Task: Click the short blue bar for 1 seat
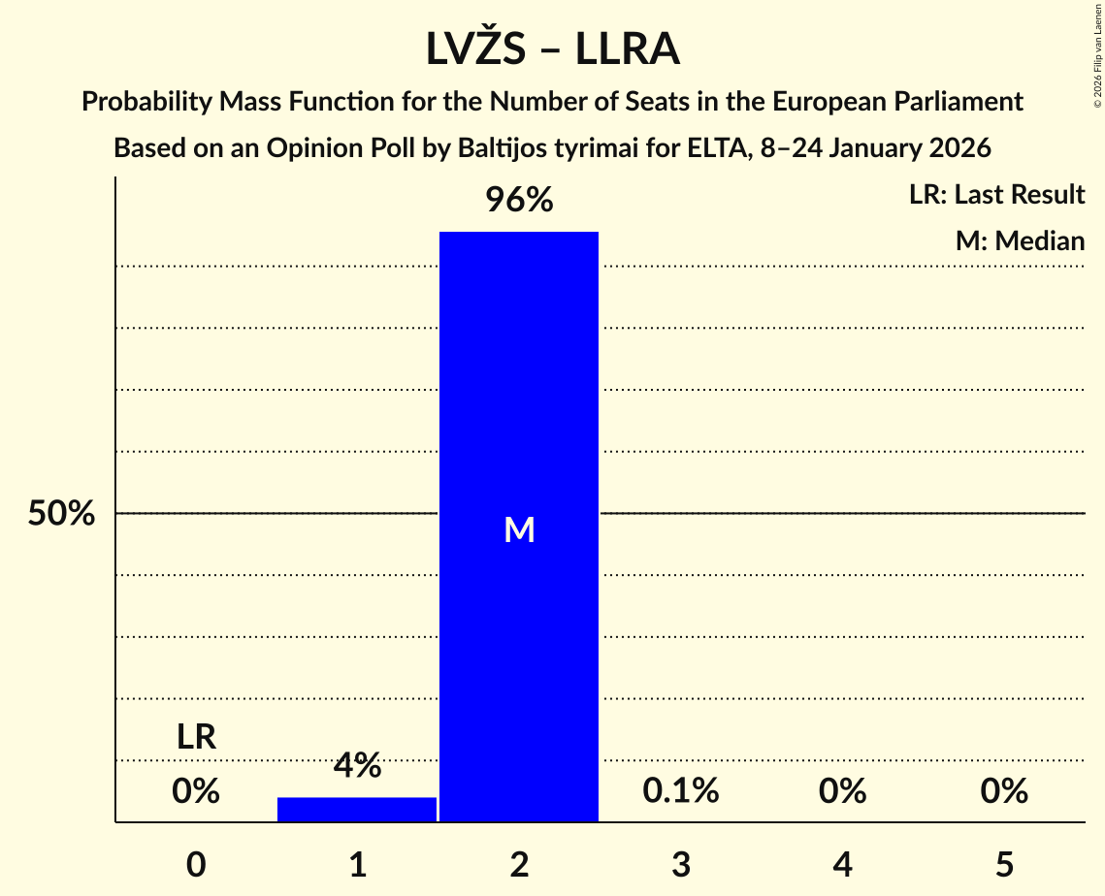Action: point(357,809)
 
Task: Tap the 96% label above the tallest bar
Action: point(519,201)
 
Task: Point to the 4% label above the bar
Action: point(357,766)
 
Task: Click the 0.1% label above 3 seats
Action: point(681,791)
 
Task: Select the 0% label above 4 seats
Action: point(842,791)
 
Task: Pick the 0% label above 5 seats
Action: point(1004,791)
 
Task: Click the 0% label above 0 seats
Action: point(196,791)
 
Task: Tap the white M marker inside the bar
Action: point(519,529)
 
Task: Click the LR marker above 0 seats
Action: point(196,738)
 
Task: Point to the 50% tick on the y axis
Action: point(61,514)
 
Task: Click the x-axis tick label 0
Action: point(196,863)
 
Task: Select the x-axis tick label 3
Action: point(681,863)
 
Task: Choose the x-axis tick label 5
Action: point(1004,863)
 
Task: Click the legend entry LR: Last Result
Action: point(996,195)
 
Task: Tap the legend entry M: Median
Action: point(1020,241)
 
